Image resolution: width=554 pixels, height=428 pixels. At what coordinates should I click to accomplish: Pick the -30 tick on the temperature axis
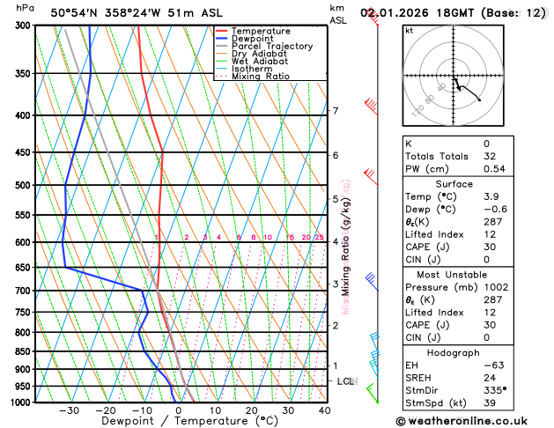point(69,410)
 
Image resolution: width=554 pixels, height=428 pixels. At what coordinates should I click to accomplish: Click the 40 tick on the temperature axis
point(325,410)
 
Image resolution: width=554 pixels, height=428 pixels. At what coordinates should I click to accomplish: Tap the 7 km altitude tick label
point(336,111)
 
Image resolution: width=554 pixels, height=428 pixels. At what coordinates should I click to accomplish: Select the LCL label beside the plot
point(346,381)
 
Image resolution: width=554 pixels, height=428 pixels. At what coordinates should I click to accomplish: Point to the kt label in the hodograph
point(409,30)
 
